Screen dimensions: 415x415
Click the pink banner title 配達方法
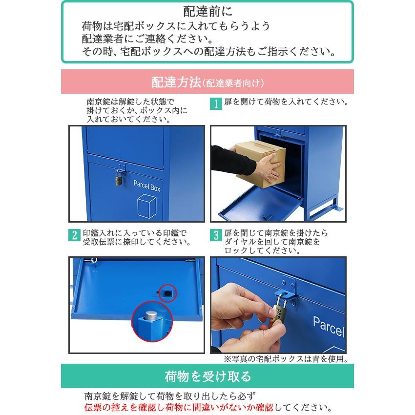click(x=176, y=81)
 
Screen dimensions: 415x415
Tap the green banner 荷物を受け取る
click(x=207, y=376)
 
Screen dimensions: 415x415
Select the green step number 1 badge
click(x=215, y=104)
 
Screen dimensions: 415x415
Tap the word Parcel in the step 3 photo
click(x=328, y=326)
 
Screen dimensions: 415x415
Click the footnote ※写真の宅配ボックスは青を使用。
click(x=286, y=359)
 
